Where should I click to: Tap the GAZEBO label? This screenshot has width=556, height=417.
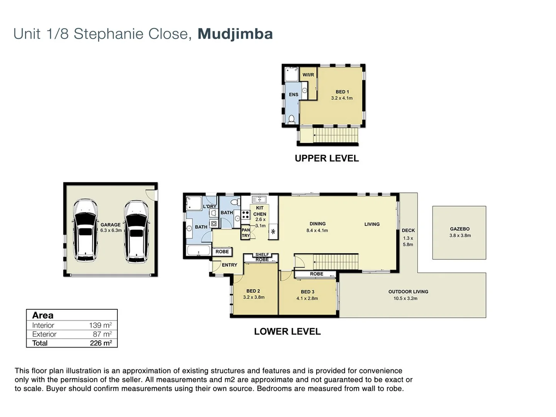[x=459, y=229]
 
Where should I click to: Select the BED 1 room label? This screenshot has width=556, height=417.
[x=342, y=92]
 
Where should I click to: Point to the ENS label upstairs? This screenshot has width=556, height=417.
[x=293, y=95]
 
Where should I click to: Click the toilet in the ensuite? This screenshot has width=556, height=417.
[x=292, y=119]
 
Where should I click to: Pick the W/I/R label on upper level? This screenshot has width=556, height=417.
[x=308, y=75]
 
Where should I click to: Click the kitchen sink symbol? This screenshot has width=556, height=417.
[x=259, y=200]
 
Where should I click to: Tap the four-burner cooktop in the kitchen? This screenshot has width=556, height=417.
[x=246, y=215]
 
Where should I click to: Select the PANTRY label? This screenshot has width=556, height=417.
[x=246, y=233]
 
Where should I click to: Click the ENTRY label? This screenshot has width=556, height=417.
[x=229, y=265]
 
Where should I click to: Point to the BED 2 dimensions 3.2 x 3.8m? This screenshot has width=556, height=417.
[x=254, y=297]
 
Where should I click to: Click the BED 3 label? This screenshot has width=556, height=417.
[x=307, y=292]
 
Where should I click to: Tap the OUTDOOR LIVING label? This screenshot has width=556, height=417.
[x=408, y=292]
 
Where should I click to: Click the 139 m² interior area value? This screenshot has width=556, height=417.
[x=100, y=325]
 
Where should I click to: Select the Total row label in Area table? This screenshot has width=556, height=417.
[x=40, y=343]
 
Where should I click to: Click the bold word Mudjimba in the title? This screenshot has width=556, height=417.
[x=235, y=34]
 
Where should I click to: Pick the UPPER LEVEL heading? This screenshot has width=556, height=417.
[x=327, y=158]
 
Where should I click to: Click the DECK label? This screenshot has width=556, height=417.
[x=408, y=231]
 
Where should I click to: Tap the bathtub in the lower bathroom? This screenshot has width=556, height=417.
[x=198, y=251]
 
